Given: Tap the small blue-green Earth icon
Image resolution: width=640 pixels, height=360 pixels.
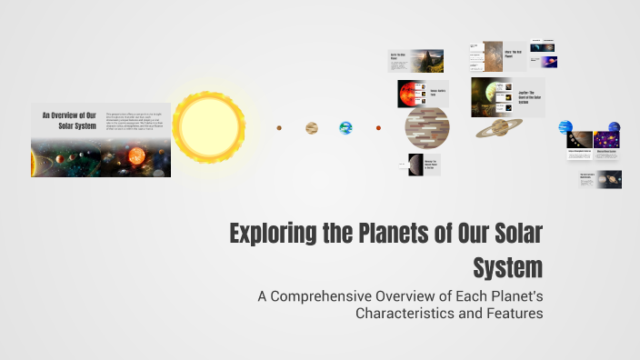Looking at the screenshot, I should pos(345,128).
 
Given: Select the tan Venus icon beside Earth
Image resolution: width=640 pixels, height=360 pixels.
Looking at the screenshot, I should pos(312,128).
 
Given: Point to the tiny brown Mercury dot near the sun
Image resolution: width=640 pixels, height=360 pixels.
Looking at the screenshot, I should pos(280,128).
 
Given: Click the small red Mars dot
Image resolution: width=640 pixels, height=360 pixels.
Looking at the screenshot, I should pos(378,128).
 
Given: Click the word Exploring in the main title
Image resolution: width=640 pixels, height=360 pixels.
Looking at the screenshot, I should pos(274,235).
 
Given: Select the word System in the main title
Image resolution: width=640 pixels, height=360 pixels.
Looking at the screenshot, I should pos(508,268).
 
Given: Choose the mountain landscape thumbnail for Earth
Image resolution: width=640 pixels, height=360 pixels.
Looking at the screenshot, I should pos(428,60).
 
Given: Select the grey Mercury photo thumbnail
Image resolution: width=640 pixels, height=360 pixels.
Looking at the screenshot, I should pos(415,165).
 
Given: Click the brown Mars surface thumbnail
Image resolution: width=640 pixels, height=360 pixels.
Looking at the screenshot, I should pos(493,55).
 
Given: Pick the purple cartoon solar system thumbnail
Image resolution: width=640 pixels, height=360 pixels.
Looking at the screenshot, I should pos(606,139).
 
